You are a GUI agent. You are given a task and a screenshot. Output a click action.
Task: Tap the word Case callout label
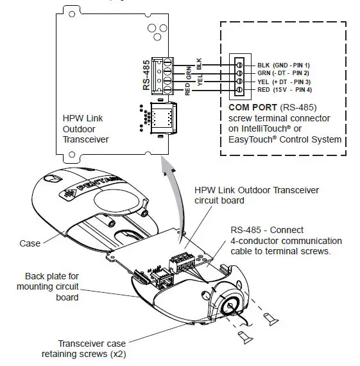30,243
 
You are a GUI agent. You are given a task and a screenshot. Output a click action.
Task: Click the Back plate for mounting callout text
48,286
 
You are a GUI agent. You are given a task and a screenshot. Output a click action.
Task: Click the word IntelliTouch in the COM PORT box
264,128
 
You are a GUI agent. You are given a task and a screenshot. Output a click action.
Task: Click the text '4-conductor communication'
286,241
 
